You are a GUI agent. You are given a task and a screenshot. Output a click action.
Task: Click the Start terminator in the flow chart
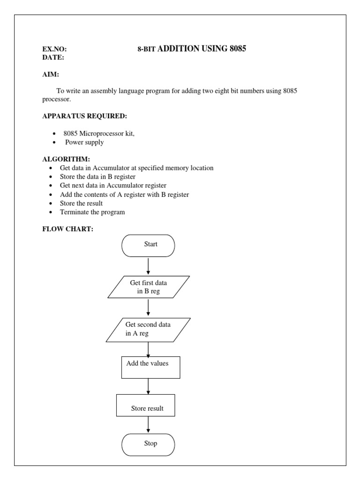(148, 246)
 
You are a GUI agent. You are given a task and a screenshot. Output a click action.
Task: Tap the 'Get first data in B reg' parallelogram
(149, 287)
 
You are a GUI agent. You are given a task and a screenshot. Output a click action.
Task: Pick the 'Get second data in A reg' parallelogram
(148, 329)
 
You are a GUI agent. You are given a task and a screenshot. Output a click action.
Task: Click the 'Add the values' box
(151, 367)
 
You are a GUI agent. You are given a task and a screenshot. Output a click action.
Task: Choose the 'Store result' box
(146, 405)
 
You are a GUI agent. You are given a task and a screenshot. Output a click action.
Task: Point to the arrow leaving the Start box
(148, 266)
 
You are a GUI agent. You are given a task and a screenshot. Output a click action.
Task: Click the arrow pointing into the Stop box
(148, 425)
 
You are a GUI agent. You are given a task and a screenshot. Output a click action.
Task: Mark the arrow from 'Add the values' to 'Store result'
(148, 386)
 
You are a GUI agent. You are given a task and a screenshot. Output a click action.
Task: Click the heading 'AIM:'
(51, 75)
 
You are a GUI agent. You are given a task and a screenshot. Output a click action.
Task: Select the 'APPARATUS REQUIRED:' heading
(85, 116)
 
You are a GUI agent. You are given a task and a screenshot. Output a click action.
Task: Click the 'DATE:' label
(53, 57)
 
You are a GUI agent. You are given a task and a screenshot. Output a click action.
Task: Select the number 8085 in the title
(238, 48)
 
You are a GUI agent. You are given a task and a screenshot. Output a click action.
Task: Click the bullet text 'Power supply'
(84, 142)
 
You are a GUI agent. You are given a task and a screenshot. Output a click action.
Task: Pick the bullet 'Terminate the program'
(92, 212)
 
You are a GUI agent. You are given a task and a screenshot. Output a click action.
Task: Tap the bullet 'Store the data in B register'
(97, 177)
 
